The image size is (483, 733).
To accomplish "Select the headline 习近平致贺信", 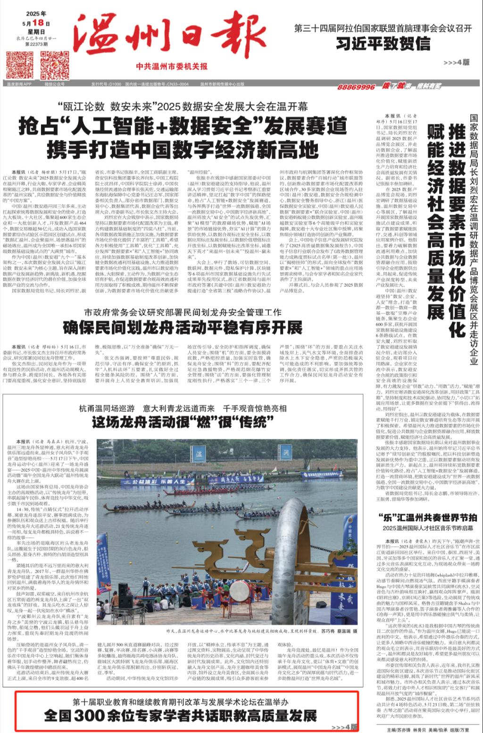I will coord(383,44).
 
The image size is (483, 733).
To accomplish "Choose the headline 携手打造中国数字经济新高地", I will coord(183,150).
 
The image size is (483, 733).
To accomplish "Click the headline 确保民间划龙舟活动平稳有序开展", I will coord(183,327).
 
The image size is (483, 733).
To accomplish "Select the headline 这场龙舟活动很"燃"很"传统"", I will coord(183,423).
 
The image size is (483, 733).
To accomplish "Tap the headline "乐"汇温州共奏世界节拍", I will coord(428,517).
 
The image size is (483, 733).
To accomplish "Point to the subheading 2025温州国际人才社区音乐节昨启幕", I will coord(428,528).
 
